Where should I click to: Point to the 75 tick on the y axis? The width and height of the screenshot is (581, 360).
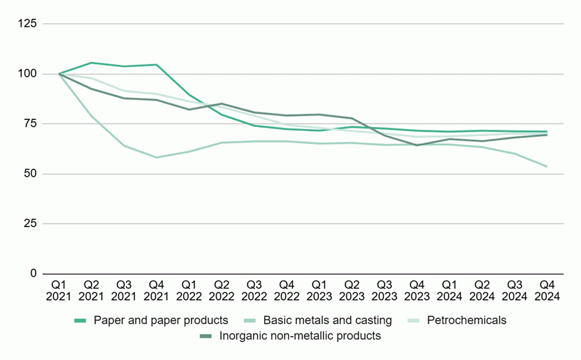point(32,124)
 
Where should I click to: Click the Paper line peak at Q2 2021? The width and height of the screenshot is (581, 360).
point(92,63)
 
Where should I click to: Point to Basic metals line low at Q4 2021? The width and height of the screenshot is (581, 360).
point(157,157)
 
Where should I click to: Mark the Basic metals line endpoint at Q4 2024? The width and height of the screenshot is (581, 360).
point(547,166)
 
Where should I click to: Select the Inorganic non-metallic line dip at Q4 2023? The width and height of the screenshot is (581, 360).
point(417,145)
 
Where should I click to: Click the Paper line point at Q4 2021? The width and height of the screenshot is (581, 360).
point(157,65)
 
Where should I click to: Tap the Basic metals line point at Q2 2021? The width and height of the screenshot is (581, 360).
point(92,116)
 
